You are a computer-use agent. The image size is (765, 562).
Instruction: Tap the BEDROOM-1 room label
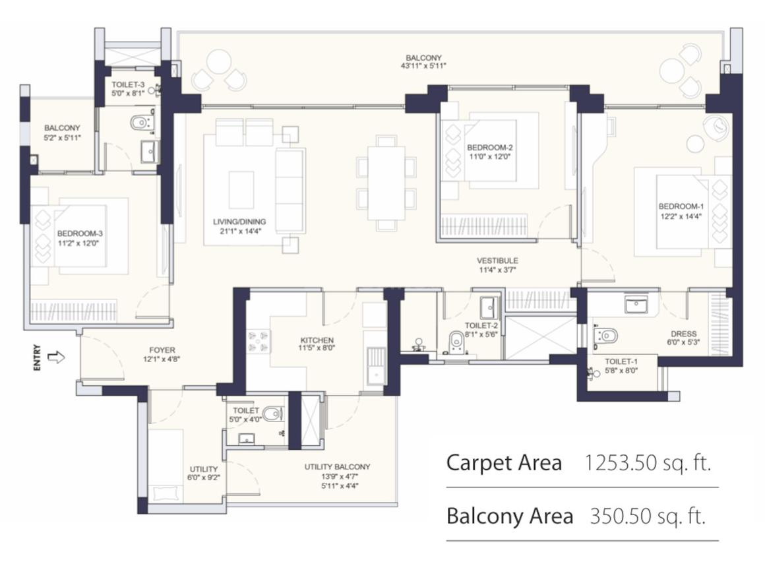coord(681,206)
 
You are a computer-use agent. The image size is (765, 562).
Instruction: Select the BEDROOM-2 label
coord(489,147)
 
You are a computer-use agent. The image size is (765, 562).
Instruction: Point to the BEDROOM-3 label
coord(80,234)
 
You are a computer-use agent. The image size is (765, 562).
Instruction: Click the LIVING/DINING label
coord(239,222)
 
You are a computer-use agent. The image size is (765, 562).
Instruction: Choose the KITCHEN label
coord(317,340)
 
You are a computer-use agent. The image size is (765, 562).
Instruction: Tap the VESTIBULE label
coord(497,261)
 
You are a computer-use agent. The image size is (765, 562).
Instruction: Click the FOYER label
coord(162,350)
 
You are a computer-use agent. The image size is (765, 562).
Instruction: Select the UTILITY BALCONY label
coord(337,467)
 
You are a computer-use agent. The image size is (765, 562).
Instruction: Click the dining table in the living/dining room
coord(386,183)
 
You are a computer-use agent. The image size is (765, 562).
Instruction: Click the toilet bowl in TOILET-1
coord(607,336)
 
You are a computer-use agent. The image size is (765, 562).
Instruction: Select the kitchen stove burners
coord(259,342)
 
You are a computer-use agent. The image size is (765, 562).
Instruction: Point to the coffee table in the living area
coord(241,190)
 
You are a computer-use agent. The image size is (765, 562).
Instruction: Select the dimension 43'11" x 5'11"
coord(423,65)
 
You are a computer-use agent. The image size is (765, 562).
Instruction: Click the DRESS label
coord(683,334)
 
